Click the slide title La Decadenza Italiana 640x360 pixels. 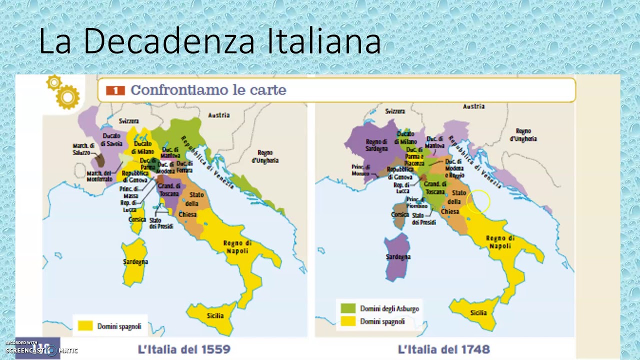pyautogui.click(x=210, y=41)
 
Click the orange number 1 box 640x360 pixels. pyautogui.click(x=115, y=90)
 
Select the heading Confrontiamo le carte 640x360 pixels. pyautogui.click(x=208, y=90)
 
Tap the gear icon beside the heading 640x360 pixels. pyautogui.click(x=64, y=92)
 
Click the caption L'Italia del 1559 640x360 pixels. pyautogui.click(x=183, y=349)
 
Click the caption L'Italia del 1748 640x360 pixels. pyautogui.click(x=443, y=349)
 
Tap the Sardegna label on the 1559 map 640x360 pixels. pyautogui.click(x=135, y=261)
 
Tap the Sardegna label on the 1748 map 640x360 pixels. pyautogui.click(x=398, y=257)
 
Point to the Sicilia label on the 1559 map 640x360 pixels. pyautogui.click(x=215, y=315)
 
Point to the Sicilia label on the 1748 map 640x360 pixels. pyautogui.click(x=478, y=313)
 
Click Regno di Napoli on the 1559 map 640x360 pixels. pyautogui.click(x=237, y=247)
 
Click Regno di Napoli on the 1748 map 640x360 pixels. pyautogui.click(x=500, y=242)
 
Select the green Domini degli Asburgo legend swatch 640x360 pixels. pyautogui.click(x=348, y=308)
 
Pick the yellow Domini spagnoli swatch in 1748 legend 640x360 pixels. pyautogui.click(x=348, y=321)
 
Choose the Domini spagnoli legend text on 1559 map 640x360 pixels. pyautogui.click(x=119, y=326)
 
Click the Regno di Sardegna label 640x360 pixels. pyautogui.click(x=376, y=145)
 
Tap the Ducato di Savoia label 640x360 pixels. pyautogui.click(x=111, y=139)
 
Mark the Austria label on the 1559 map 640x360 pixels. pyautogui.click(x=219, y=115)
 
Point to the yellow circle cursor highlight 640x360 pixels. pyautogui.click(x=478, y=201)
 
